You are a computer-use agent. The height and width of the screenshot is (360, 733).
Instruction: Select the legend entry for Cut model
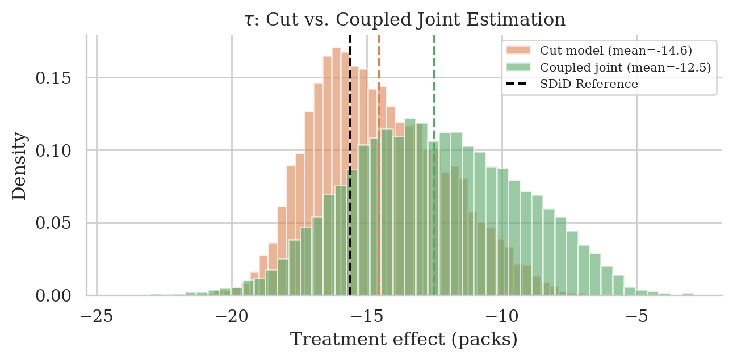coord(615,51)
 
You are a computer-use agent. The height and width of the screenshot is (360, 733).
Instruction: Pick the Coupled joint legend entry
coord(625,68)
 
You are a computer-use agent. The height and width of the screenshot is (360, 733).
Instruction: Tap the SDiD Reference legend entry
coord(589,84)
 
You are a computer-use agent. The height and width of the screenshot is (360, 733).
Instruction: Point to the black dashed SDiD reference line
coord(350,170)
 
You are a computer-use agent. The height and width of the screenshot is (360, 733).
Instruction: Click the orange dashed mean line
coord(379,170)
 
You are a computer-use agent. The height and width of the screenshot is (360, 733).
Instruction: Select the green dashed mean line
coord(434,170)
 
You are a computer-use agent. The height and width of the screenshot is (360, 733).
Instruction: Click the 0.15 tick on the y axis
coord(54,78)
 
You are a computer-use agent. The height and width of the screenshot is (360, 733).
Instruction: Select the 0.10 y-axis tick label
coord(54,150)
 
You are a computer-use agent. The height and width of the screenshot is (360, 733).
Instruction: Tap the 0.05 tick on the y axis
coord(54,223)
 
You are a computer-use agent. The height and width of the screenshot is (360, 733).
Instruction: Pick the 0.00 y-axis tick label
coord(54,296)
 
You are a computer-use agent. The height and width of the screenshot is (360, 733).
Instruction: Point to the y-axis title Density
coord(19,166)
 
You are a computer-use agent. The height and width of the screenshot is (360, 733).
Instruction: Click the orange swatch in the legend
coord(521,51)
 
